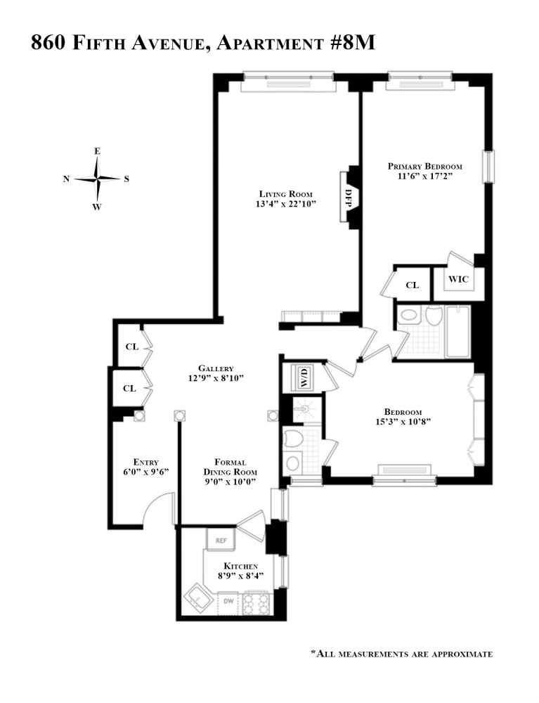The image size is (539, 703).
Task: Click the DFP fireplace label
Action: [348, 195]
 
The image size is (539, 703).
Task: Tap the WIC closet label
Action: [457, 280]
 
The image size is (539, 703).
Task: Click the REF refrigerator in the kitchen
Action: [221, 541]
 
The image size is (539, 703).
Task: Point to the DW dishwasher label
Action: [228, 601]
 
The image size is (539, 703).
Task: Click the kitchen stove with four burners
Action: [256, 602]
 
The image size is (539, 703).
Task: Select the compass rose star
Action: [97, 179]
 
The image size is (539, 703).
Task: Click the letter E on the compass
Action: [97, 151]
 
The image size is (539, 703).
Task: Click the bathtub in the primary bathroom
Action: [458, 330]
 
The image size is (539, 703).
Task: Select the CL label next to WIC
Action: [413, 285]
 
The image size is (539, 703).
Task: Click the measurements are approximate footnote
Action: [401, 654]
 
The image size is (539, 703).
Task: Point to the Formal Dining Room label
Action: [230, 467]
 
